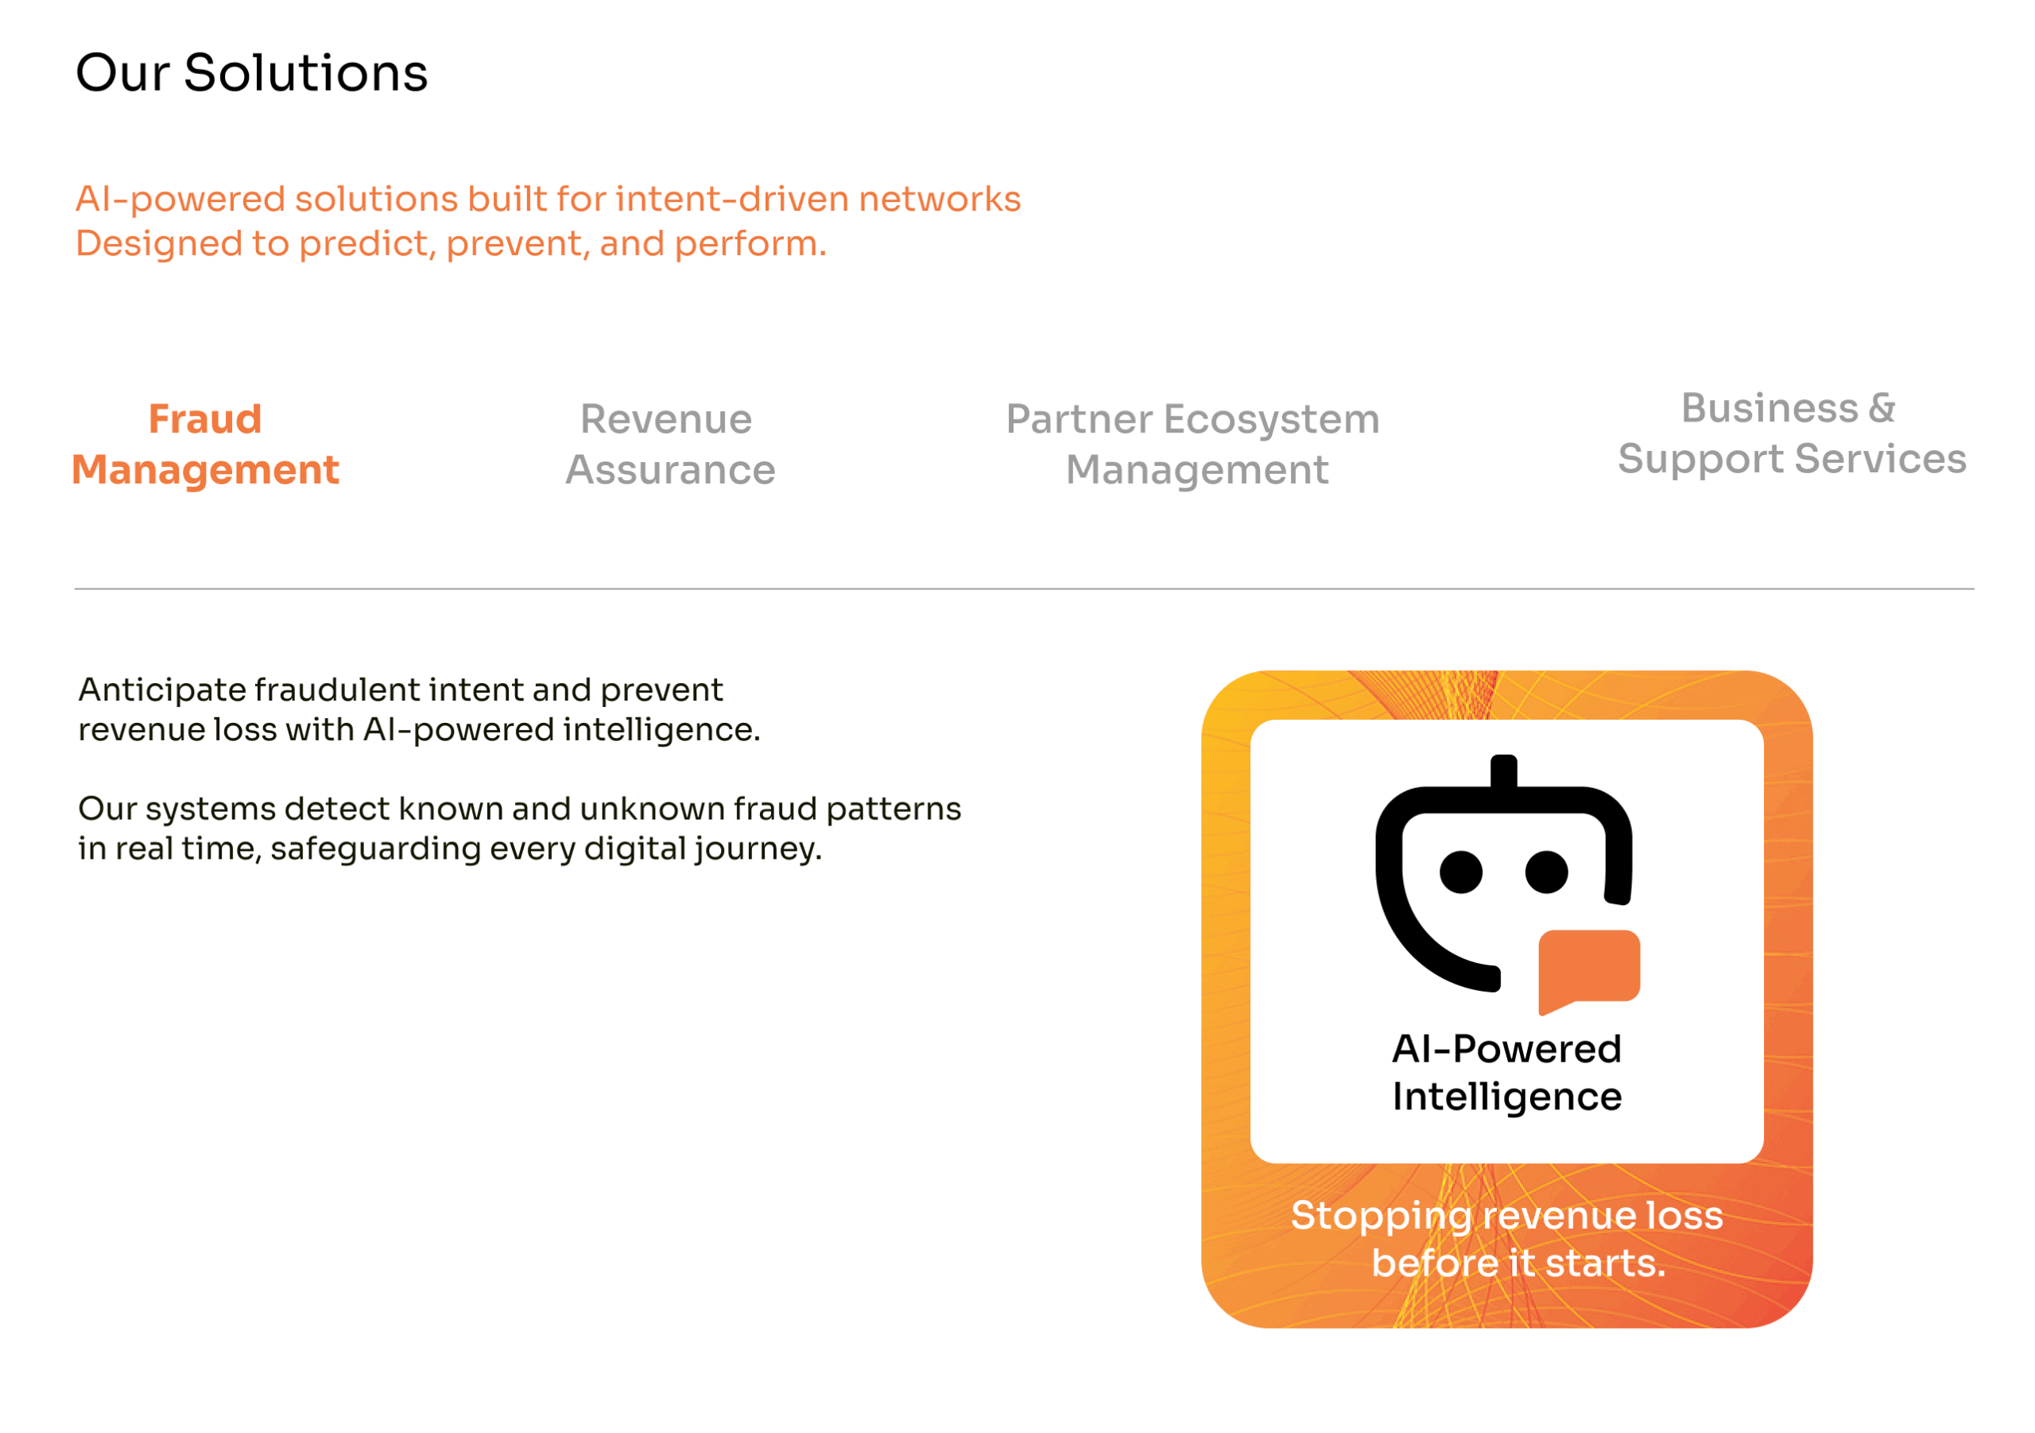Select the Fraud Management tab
(205, 445)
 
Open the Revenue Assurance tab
(670, 445)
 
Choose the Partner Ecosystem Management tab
(1193, 445)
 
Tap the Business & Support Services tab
(1792, 433)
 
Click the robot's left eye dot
(1462, 872)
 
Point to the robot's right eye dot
(1547, 872)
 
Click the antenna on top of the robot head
(1504, 771)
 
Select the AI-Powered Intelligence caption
(1506, 1073)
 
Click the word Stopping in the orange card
(1381, 1217)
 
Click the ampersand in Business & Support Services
(1882, 408)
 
